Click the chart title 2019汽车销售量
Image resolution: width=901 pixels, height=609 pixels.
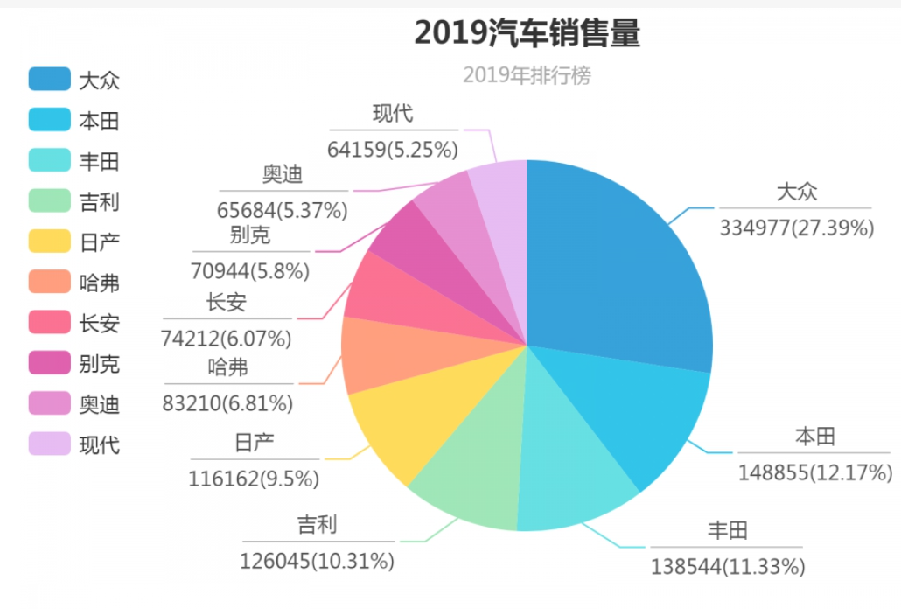(x=527, y=33)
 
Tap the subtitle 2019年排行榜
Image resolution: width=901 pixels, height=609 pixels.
(x=527, y=76)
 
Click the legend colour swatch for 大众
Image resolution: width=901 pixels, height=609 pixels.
(x=49, y=80)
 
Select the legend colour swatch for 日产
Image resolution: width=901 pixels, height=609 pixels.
(x=49, y=242)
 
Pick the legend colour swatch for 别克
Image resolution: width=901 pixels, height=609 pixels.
(x=49, y=364)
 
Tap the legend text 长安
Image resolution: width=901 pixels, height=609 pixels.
(x=99, y=324)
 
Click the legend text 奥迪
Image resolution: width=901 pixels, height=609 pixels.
(x=99, y=404)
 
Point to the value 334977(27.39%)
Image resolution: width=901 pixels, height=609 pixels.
(x=797, y=228)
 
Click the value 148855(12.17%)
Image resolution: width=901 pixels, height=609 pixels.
(x=815, y=472)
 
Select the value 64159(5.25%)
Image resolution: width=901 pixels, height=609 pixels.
(x=393, y=150)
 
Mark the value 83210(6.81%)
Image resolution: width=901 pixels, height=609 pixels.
(x=227, y=403)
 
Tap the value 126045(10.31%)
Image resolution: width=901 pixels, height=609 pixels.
(x=317, y=560)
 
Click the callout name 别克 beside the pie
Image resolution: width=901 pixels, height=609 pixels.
(x=250, y=234)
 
